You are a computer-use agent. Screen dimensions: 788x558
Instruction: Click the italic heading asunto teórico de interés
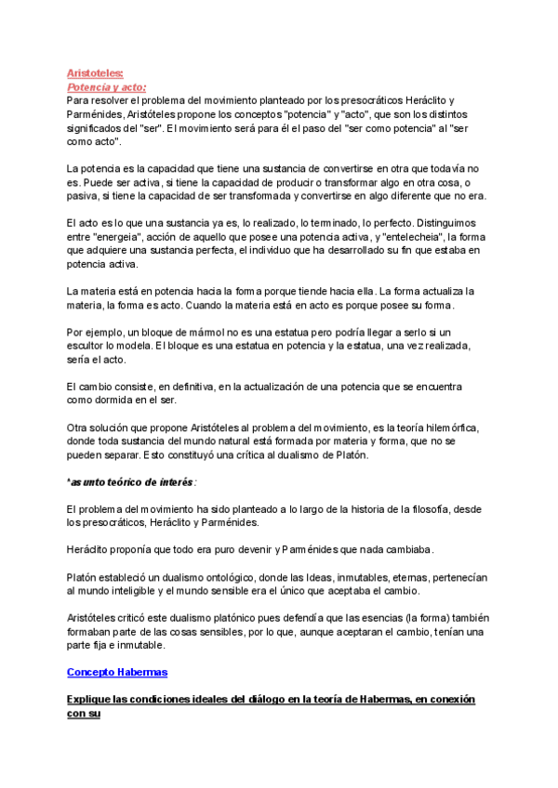pos(134,482)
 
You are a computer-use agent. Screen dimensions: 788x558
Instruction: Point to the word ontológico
pos(231,577)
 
